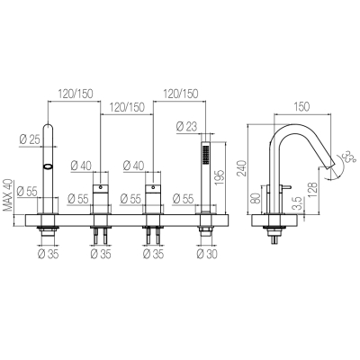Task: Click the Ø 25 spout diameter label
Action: (30, 139)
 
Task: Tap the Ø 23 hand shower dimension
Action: (186, 127)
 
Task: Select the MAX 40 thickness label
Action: (8, 195)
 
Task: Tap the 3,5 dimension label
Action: (297, 204)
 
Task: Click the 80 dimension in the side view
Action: (256, 198)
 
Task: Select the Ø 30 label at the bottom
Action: (207, 254)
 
